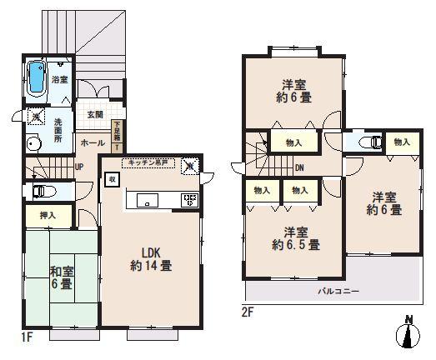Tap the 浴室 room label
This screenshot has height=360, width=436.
pos(59,81)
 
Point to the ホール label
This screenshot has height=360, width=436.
pos(92,143)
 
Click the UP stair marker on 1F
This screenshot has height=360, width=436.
pos(78,167)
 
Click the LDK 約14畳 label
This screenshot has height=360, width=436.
pos(150,259)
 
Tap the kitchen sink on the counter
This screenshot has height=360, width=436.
pos(147,200)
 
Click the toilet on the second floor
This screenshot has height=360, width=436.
pos(370,142)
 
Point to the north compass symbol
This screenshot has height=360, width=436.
pos(408,333)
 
